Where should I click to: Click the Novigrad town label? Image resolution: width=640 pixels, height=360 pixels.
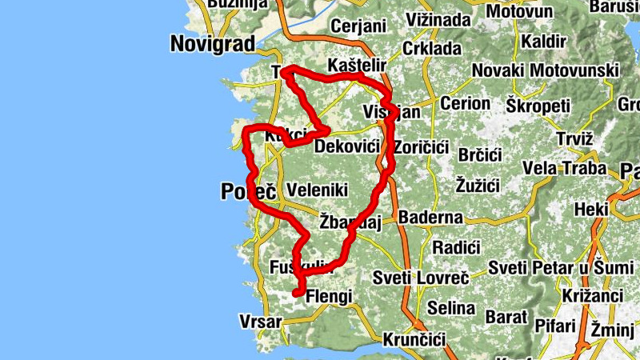212,44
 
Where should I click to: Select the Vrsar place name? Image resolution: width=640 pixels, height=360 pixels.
261,322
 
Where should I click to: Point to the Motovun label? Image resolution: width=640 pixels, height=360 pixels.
519,12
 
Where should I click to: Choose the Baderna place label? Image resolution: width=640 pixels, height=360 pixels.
430,217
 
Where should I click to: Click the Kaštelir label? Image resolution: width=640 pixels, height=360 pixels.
358,65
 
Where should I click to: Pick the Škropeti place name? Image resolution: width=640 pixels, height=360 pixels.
538,106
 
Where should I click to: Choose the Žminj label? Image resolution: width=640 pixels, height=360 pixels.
615,329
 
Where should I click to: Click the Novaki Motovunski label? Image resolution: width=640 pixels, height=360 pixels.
545,70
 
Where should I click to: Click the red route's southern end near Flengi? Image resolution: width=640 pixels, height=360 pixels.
296,294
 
